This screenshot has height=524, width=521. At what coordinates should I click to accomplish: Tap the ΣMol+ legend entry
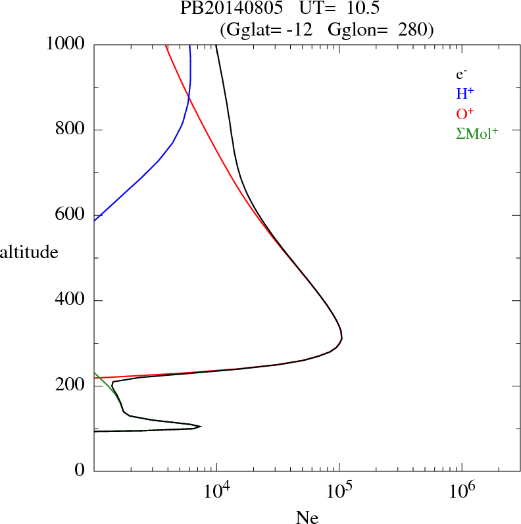coord(477,133)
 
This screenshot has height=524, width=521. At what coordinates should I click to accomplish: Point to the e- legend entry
coord(462,75)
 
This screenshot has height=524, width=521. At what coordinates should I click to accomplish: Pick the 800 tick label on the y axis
coord(70,130)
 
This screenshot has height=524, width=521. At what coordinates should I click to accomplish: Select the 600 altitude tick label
coord(70,215)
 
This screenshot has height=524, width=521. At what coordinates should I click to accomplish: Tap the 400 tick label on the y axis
coord(70,301)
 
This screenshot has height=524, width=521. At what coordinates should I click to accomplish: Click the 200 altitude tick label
coord(70,386)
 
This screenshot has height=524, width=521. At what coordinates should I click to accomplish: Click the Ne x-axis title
coord(307,517)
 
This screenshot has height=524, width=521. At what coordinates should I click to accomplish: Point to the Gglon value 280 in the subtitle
coord(413,30)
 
